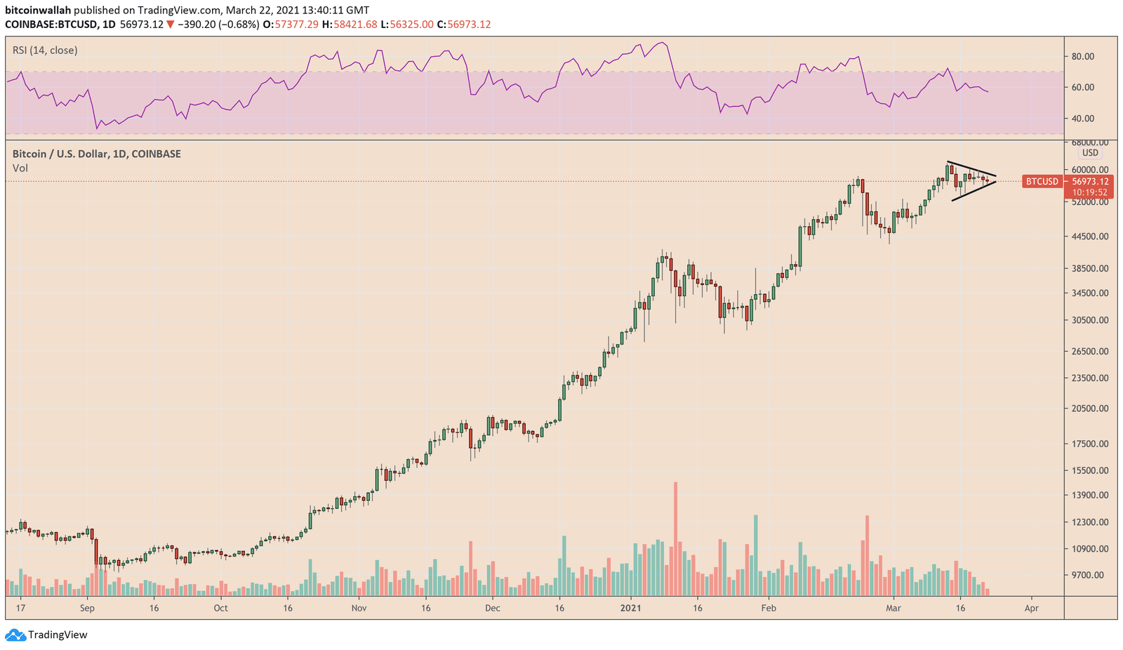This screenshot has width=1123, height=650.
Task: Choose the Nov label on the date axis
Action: (359, 608)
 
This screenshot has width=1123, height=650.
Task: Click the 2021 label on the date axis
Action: (632, 608)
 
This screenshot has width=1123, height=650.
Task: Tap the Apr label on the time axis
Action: (1031, 608)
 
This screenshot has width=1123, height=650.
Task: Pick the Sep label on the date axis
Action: (87, 608)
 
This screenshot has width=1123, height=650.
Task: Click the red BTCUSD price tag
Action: (1042, 182)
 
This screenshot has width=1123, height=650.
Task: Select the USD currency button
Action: (1090, 153)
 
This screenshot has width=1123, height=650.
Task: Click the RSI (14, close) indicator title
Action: (45, 51)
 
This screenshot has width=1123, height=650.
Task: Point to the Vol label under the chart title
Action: (20, 168)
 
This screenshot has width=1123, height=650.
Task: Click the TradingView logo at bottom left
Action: (47, 635)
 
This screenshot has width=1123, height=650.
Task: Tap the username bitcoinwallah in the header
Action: (38, 11)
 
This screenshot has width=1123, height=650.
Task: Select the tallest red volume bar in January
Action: (675, 537)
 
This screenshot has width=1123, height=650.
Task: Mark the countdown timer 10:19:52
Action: (1089, 192)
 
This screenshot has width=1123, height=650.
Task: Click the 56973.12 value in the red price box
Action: (1089, 182)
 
